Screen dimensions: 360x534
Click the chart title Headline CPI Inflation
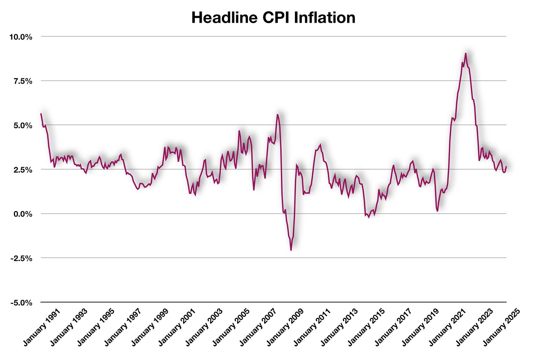pos(273,18)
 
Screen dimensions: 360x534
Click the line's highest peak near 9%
pos(465,54)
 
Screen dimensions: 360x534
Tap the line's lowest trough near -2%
pos(291,250)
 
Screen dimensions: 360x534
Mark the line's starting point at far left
pos(41,114)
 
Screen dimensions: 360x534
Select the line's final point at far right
pos(506,167)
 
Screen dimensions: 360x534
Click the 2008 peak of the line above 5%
pos(277,115)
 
